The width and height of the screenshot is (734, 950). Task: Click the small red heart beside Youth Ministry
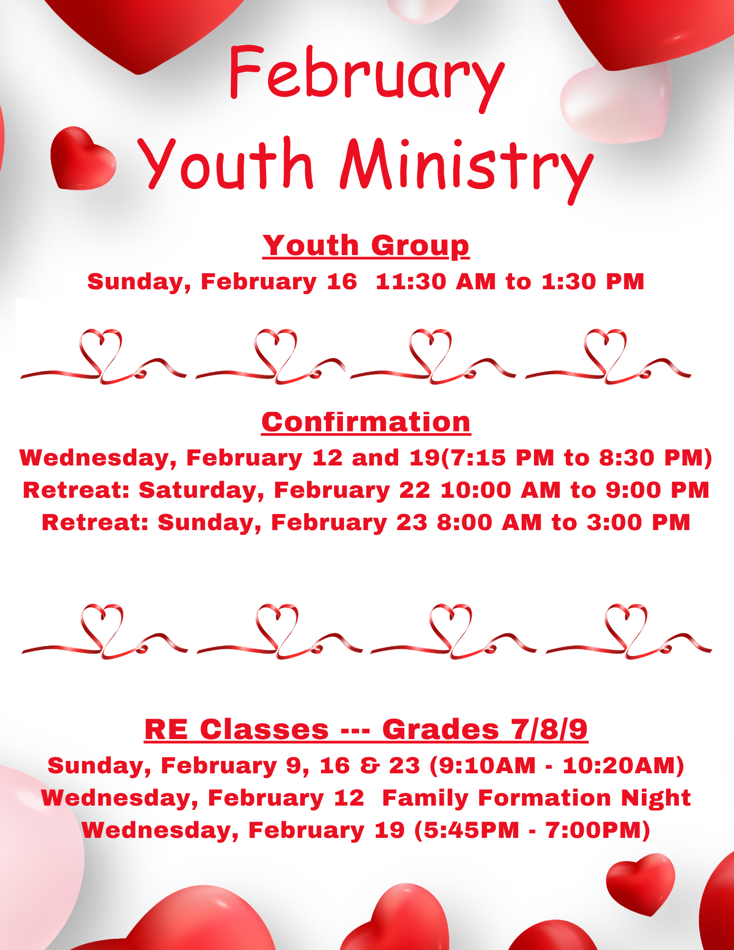pos(83,158)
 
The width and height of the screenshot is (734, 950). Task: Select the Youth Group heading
pos(366,246)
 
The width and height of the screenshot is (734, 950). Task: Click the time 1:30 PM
pos(593,282)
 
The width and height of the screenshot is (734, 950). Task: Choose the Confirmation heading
pos(366,422)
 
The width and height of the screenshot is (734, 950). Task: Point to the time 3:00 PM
pos(639,522)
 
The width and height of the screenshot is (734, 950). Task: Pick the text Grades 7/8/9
pos(485,729)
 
